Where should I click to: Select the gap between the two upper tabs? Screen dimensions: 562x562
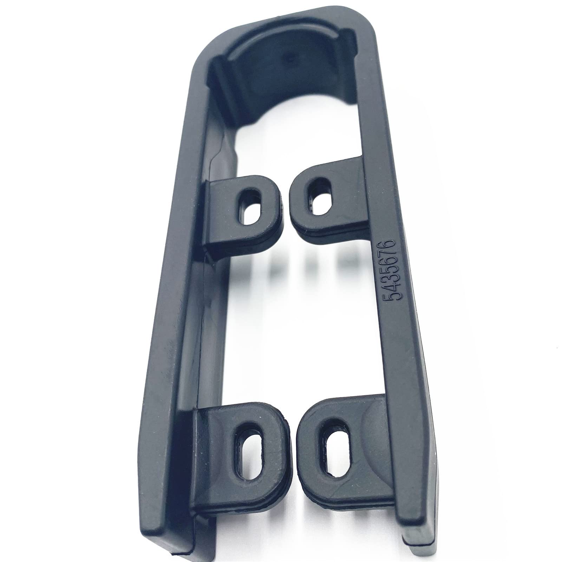click(285, 204)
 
